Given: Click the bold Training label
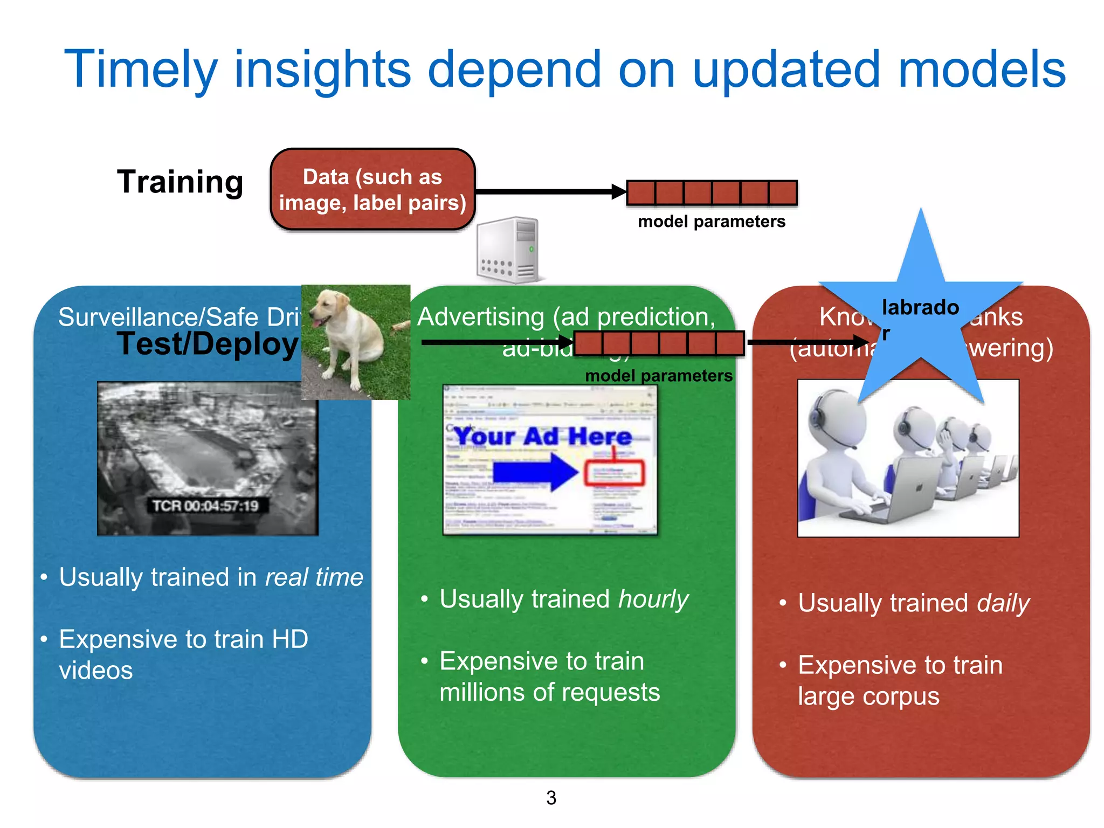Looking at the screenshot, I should [180, 182].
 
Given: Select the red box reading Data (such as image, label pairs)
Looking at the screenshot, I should [372, 190].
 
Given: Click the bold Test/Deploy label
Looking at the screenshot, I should [208, 344].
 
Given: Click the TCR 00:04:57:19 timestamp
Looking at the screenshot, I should [205, 506].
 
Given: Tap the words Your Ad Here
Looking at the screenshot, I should [542, 436].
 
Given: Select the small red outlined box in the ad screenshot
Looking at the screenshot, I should [615, 473].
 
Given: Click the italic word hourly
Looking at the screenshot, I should [653, 599].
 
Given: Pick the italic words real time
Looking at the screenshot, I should [314, 577].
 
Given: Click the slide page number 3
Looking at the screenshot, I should [551, 798].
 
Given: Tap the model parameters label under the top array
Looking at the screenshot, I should [711, 222].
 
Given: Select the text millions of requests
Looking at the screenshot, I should [549, 692].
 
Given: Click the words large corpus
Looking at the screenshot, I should [868, 696].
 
